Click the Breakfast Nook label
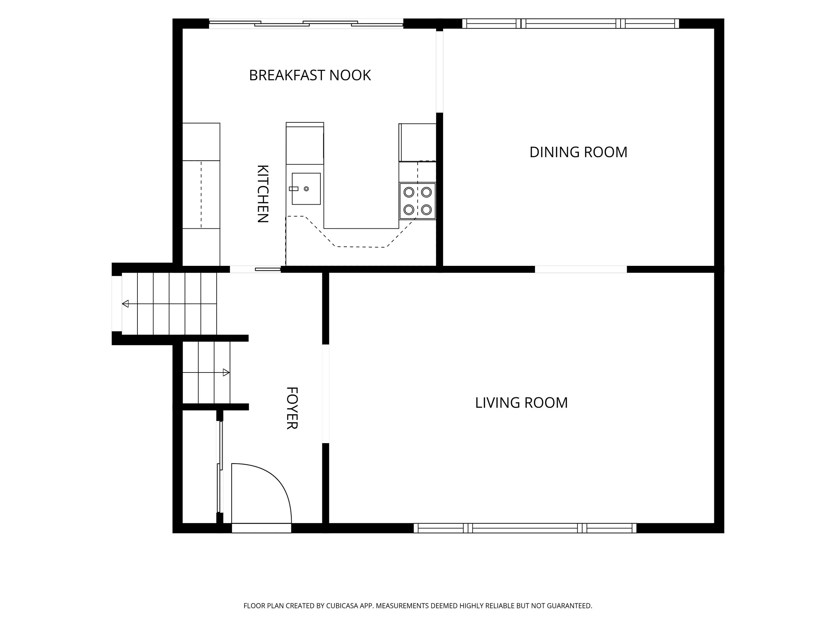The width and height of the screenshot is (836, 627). (310, 75)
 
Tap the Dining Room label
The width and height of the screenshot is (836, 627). (578, 152)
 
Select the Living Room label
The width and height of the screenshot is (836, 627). (521, 403)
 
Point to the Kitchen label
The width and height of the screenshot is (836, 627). (263, 194)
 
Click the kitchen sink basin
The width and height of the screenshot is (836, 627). (306, 189)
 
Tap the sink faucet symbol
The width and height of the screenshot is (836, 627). (294, 189)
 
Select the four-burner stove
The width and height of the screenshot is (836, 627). (418, 201)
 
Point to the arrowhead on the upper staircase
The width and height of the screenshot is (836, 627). (125, 304)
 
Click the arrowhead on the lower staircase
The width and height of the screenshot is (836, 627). (226, 373)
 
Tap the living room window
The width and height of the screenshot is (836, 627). (525, 528)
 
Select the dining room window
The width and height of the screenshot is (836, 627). (571, 23)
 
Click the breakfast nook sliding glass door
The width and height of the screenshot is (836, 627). (306, 23)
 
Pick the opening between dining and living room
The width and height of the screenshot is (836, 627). (581, 269)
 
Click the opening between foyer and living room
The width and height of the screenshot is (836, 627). (325, 394)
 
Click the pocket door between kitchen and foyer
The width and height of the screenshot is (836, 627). (255, 269)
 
